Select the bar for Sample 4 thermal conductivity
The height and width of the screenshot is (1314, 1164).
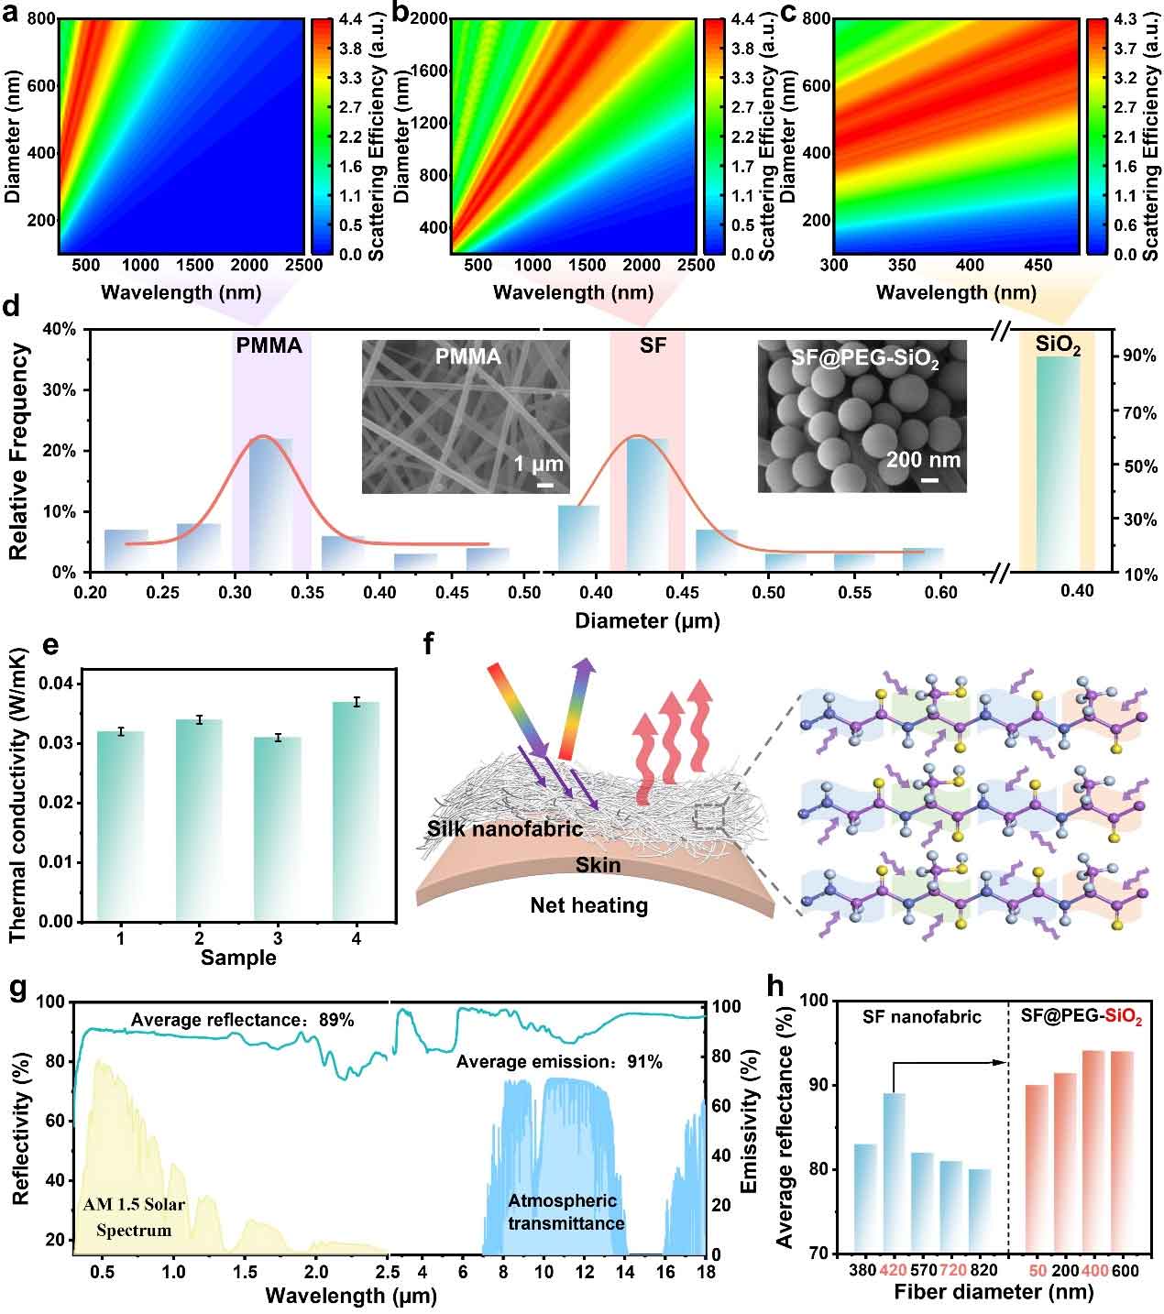point(356,811)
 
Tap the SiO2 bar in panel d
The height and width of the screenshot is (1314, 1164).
point(1058,463)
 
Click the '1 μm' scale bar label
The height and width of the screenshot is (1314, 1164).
point(538,465)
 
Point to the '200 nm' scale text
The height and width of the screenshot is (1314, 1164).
point(923,459)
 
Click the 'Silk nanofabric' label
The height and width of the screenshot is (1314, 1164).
point(504,829)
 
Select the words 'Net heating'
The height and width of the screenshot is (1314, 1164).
point(588,906)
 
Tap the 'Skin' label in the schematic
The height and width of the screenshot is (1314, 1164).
point(598,865)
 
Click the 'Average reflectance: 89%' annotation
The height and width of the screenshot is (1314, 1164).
point(242,1020)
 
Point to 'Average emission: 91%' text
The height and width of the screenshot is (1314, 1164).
point(559,1062)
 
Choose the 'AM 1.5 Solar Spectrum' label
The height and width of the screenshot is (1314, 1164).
point(134,1217)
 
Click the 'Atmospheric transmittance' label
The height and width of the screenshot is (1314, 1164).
point(566,1211)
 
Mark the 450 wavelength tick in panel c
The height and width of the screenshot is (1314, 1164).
point(1038,266)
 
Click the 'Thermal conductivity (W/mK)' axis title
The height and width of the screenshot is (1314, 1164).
point(17,794)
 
